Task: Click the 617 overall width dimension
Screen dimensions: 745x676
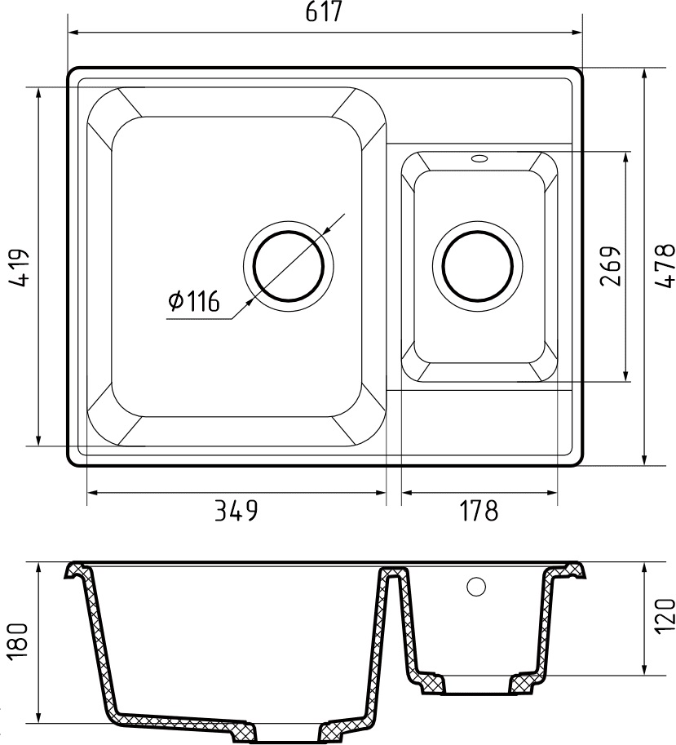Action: pyautogui.click(x=324, y=14)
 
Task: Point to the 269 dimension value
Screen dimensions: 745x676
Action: pyautogui.click(x=611, y=266)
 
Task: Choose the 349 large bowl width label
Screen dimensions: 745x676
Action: pyautogui.click(x=236, y=511)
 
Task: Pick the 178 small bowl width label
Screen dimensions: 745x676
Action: pyautogui.click(x=479, y=511)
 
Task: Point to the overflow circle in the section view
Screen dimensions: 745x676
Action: pyautogui.click(x=476, y=585)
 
